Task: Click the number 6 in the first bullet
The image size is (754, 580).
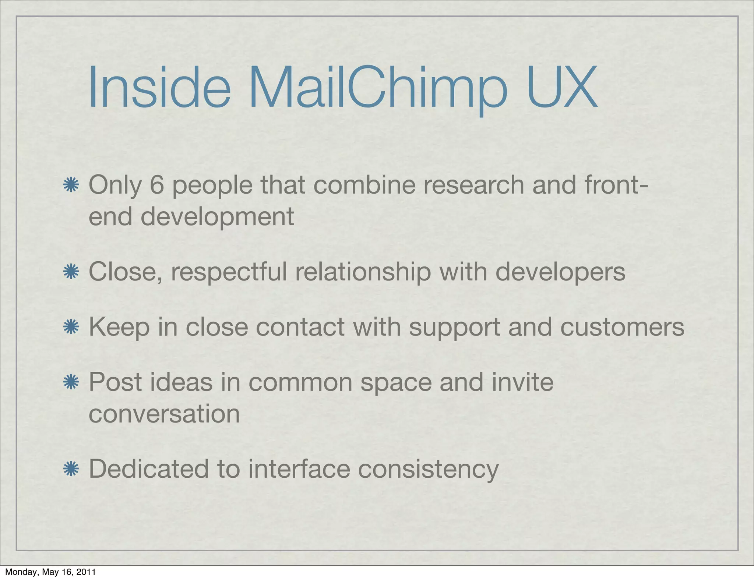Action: tap(156, 185)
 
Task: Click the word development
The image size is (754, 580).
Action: tap(217, 216)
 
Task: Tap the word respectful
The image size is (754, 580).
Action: tap(229, 272)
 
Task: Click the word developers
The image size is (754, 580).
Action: tap(560, 272)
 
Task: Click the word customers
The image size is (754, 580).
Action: tap(622, 327)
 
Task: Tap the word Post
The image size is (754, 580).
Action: tap(115, 382)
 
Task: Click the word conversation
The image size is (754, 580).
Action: tap(164, 414)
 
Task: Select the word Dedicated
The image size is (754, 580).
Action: tap(149, 469)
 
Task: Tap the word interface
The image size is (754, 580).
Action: tap(299, 469)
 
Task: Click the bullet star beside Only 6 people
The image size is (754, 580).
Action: tap(71, 185)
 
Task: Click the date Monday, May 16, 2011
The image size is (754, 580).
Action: tap(50, 572)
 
